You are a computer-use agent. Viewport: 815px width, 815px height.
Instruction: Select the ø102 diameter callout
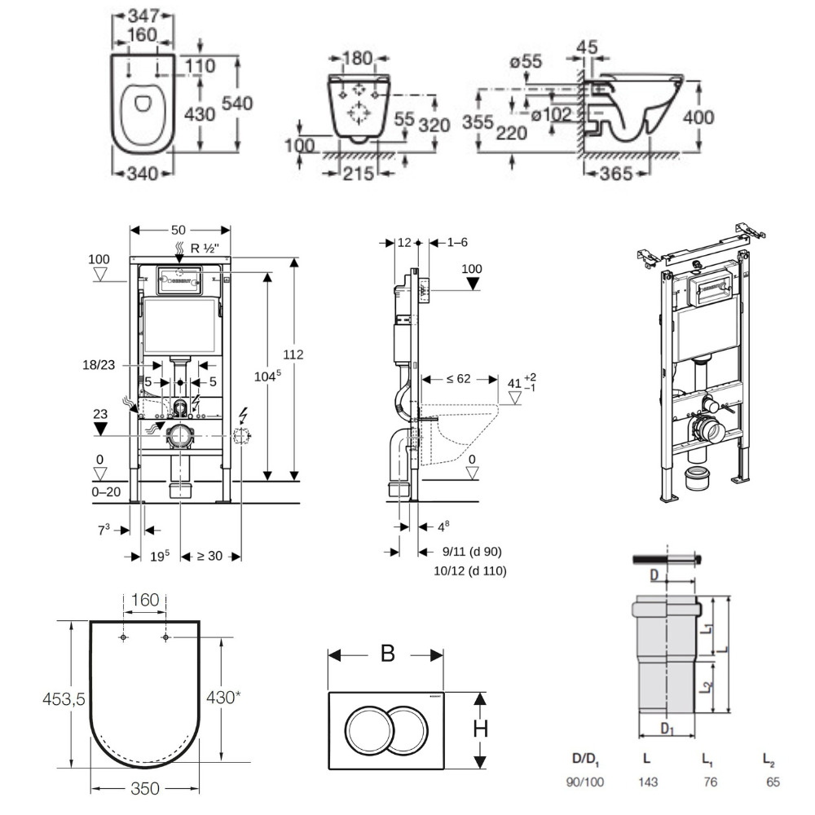pyautogui.click(x=552, y=116)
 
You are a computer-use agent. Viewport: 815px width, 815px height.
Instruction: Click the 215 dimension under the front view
pyautogui.click(x=359, y=173)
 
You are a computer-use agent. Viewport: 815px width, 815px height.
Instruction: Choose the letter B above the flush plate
pyautogui.click(x=387, y=654)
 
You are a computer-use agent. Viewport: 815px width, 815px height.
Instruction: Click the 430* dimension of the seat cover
pyautogui.click(x=222, y=698)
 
